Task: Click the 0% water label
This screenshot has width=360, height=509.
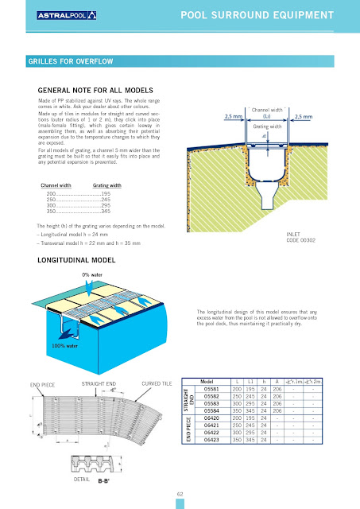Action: (x=94, y=274)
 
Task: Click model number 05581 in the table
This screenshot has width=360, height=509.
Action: (x=212, y=389)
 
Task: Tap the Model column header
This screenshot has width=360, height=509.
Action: (x=211, y=381)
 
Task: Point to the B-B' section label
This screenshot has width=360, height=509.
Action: (x=104, y=481)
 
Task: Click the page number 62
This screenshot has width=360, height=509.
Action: (x=180, y=494)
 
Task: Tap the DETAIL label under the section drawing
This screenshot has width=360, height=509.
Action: (x=81, y=480)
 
